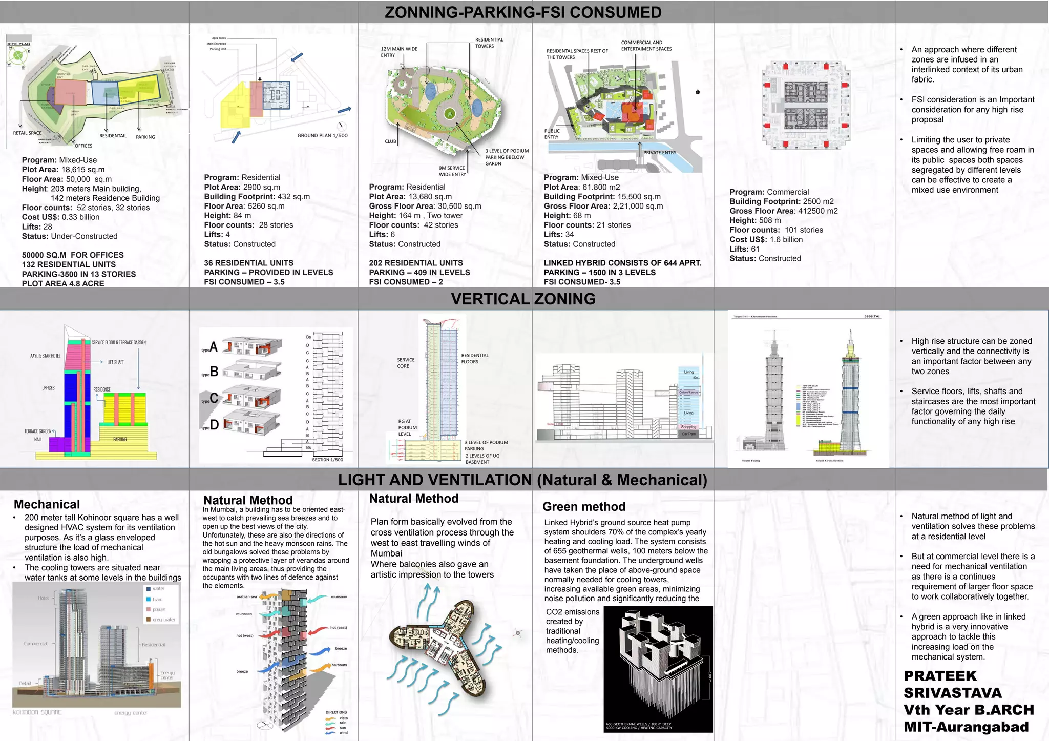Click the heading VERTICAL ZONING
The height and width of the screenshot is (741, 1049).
(523, 299)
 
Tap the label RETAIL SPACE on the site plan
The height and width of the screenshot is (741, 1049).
(27, 133)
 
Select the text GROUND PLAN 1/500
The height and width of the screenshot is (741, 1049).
(322, 136)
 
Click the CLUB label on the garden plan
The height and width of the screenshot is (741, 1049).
(390, 141)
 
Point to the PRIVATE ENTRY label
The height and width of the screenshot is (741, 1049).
(660, 153)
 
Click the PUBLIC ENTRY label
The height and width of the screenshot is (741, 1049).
(552, 134)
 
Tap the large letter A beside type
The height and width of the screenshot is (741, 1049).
(214, 347)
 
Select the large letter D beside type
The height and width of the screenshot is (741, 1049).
(214, 425)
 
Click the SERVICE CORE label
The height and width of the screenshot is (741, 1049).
(406, 363)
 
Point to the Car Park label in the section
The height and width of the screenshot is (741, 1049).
(688, 434)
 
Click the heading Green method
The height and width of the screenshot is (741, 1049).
(584, 507)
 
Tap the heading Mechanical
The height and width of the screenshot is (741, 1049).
(47, 504)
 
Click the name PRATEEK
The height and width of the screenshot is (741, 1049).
(940, 676)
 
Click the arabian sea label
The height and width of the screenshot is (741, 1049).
(246, 597)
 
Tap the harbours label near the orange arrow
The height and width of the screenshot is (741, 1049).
(339, 665)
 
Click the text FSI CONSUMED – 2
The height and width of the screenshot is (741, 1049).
(406, 282)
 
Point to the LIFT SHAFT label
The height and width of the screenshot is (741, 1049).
(115, 362)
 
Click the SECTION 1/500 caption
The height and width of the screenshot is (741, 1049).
(327, 460)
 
